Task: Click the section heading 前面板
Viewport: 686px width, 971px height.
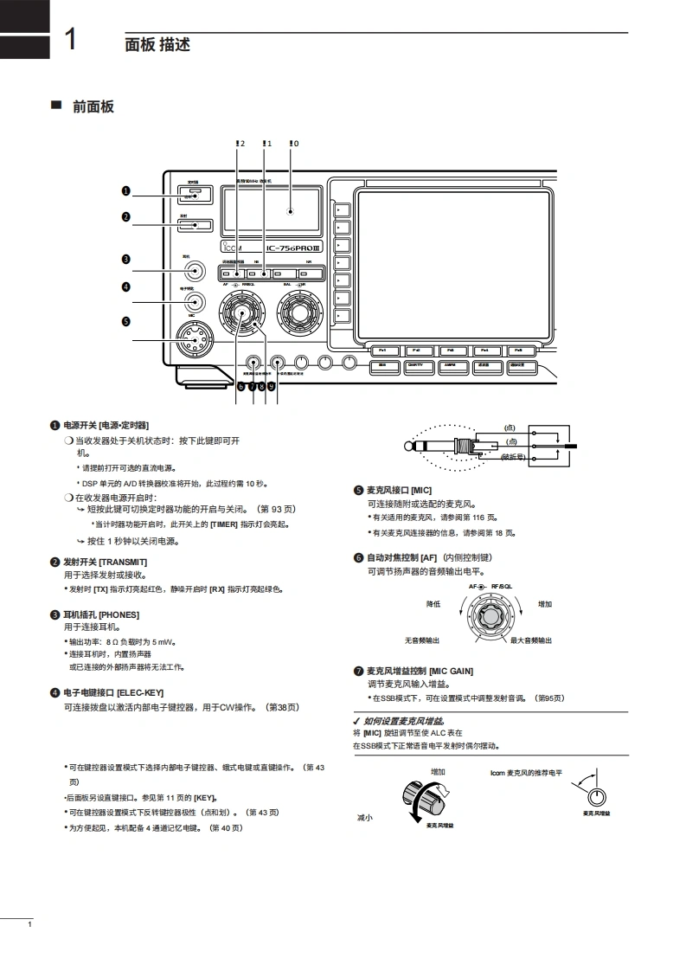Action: coord(93,106)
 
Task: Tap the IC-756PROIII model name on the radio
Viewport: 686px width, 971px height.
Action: coord(293,249)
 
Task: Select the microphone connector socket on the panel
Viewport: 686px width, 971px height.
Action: coord(196,340)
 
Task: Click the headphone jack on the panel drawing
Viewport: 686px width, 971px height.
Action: coord(196,271)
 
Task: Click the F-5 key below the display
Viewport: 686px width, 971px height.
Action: coord(517,350)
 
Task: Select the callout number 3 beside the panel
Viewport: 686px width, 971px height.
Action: coord(125,259)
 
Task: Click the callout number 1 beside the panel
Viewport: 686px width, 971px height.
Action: coord(125,190)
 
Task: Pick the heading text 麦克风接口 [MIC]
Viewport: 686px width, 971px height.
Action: coord(399,490)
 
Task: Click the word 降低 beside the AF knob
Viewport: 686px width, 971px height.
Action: coord(433,604)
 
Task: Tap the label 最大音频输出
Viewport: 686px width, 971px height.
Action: coord(531,640)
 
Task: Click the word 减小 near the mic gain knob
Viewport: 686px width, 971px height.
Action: coord(364,817)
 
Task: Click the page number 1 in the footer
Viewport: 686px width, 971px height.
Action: coord(30,926)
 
